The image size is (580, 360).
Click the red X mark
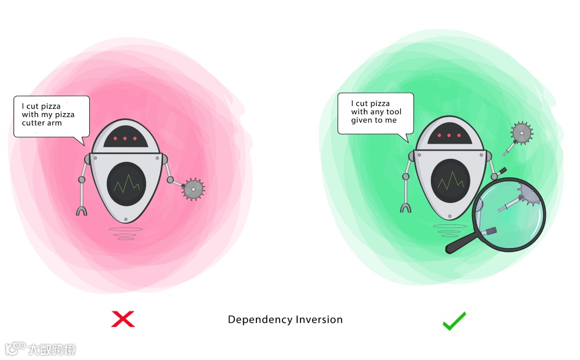pos(123,319)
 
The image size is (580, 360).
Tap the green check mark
pos(454,320)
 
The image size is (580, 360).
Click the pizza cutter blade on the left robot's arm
pos(194,189)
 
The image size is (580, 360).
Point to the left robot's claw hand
pos(82,210)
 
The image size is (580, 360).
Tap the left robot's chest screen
pos(126,183)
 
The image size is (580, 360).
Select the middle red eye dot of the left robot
pos(125,139)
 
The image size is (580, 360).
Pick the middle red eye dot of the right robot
pos(448,136)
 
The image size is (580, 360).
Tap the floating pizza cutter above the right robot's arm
pos(521,134)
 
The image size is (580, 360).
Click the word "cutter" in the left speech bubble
pos(34,123)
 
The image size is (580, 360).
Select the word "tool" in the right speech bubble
pos(393,112)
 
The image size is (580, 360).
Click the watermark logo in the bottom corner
pos(16,349)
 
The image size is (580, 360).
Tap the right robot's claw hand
pos(407,207)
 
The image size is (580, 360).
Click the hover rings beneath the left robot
pos(123,234)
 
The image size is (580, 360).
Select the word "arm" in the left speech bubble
pos(55,123)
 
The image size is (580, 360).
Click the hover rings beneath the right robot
pos(450,230)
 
